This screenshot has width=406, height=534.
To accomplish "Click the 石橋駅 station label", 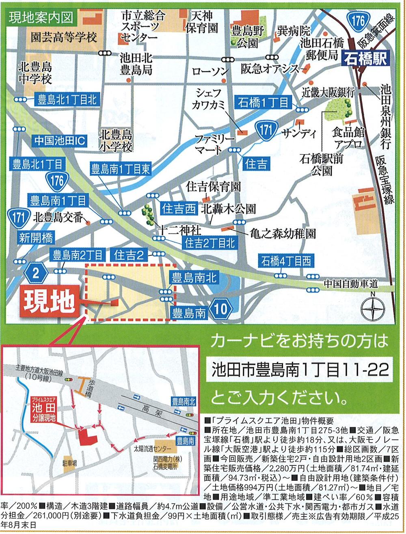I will pos(365,58).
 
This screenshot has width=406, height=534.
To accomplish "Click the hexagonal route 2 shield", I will pos(36,273).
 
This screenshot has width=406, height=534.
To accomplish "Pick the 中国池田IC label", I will pos(59,141).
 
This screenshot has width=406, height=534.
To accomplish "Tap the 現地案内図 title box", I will pos(41,18).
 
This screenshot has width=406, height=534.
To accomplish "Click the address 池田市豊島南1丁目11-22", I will pos(300,370).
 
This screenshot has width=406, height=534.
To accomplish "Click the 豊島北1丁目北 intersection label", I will pos(67,100).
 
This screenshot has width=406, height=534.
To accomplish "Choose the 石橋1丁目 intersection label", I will pos(263,102).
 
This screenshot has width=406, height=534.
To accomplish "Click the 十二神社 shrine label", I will pos(179,230).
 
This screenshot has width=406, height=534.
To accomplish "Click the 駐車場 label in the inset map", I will pos(69,463).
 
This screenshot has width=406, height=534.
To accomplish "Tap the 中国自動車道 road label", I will pos(351,284).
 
